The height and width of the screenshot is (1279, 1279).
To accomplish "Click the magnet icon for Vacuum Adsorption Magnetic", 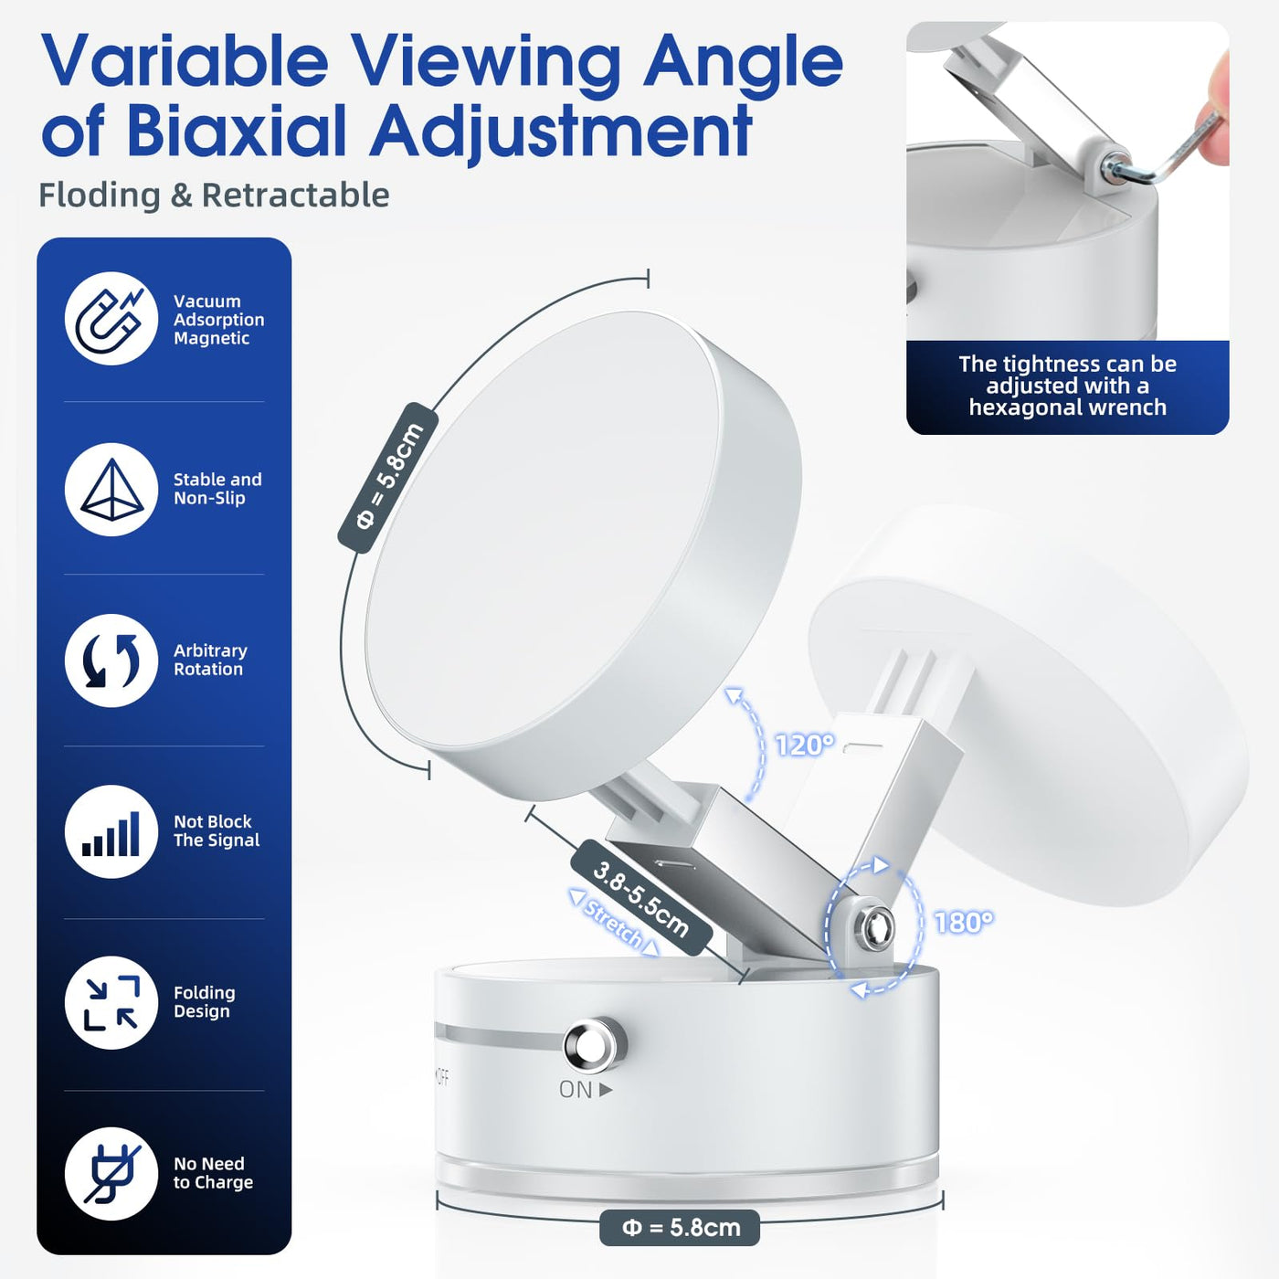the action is pyautogui.click(x=111, y=319).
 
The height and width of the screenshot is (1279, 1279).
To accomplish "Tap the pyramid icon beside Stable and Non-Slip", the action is pyautogui.click(x=111, y=490).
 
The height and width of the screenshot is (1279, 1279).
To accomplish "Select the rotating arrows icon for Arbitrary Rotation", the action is pyautogui.click(x=111, y=661).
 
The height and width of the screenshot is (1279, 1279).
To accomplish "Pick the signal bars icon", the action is pyautogui.click(x=111, y=832).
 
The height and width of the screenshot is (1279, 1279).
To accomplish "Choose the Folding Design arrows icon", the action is pyautogui.click(x=111, y=1003).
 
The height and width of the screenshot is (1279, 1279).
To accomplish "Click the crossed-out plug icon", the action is pyautogui.click(x=111, y=1174).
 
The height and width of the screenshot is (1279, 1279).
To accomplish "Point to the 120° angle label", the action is pyautogui.click(x=805, y=745).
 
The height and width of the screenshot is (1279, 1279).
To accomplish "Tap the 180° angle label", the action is pyautogui.click(x=964, y=922).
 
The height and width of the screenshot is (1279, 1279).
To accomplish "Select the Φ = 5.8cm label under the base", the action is pyautogui.click(x=680, y=1227).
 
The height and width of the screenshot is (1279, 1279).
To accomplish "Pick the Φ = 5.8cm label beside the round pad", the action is pyautogui.click(x=388, y=477).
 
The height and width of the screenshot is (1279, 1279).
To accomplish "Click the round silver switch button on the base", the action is pyautogui.click(x=595, y=1047).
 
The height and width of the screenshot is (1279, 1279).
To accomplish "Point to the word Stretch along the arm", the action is pyautogui.click(x=614, y=924).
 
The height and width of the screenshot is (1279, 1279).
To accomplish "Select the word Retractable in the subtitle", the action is pyautogui.click(x=295, y=196).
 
